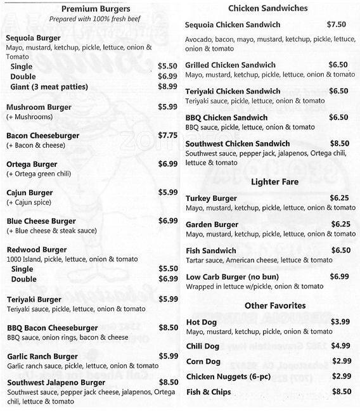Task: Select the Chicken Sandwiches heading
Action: (267, 8)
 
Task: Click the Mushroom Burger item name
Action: (39, 107)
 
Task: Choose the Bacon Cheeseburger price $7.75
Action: (168, 135)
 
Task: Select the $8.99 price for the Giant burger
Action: (168, 86)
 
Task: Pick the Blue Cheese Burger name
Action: (41, 221)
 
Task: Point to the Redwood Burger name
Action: (37, 249)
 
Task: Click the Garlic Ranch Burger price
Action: (168, 356)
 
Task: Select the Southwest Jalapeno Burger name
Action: (55, 382)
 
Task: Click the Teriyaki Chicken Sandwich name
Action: (233, 91)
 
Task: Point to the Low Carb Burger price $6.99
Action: (340, 276)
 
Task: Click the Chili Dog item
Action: (202, 346)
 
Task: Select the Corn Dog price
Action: (341, 361)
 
